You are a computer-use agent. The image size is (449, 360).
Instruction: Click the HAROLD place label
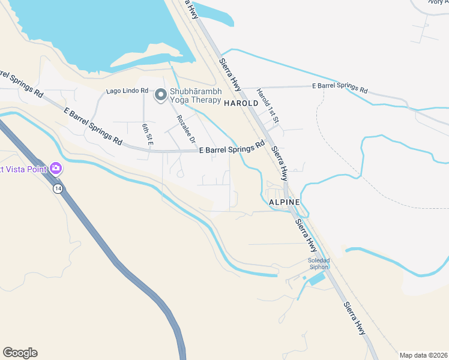pos(241,103)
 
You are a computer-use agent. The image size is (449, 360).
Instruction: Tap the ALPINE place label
pos(284,202)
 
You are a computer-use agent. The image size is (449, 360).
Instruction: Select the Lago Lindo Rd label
pos(127,91)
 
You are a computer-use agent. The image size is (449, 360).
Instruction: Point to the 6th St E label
pos(148,134)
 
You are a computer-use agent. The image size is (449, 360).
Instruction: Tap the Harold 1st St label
pos(268,106)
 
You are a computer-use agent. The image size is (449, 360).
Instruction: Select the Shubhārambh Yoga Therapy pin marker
pos(161,94)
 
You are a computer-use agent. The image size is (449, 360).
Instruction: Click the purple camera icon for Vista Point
pos(56,169)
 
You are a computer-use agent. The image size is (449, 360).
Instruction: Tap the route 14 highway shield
pos(57,188)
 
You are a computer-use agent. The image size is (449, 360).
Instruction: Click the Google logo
pos(20,353)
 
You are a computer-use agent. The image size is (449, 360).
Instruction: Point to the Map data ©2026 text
pos(423,355)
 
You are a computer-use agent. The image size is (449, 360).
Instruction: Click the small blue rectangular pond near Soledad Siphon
pos(316,278)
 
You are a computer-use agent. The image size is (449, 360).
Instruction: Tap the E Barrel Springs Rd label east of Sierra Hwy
pos(340,89)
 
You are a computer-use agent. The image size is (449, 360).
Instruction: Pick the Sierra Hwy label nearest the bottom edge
pos(354,317)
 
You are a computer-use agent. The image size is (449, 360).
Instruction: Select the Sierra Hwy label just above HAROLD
pos(229,71)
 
